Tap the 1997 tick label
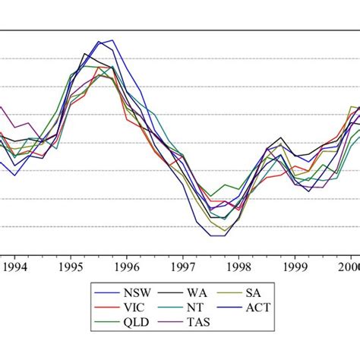[182, 267]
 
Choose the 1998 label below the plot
[238, 267]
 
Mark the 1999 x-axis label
[295, 267]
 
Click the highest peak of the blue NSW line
[112, 40]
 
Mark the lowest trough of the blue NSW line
[216, 235]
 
